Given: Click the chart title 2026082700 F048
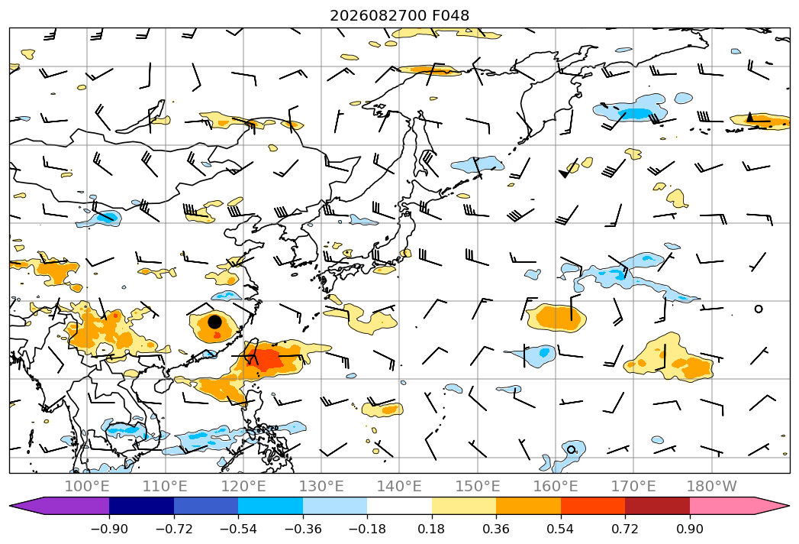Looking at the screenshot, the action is tap(400, 15).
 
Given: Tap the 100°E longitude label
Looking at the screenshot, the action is tap(87, 486).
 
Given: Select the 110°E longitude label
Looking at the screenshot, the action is tap(165, 486).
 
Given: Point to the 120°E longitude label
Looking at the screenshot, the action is tap(243, 486).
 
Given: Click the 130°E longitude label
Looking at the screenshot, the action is tap(321, 486).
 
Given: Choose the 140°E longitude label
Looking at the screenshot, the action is tap(399, 486).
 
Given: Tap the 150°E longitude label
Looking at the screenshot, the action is tap(478, 486).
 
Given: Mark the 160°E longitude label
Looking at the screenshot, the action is tap(556, 486).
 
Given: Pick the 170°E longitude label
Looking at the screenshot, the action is tap(633, 486).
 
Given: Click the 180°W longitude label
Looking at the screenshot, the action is tap(712, 486).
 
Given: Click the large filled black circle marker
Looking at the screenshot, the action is tap(215, 322).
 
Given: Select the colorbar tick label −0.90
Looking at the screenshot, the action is tap(109, 529).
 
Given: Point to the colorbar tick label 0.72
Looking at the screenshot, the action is tap(625, 529).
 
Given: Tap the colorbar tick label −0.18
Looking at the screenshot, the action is tap(367, 529).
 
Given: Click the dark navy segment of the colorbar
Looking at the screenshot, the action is tap(142, 506).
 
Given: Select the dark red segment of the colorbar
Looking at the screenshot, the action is tap(657, 506).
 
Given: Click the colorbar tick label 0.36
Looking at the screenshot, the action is tap(496, 529).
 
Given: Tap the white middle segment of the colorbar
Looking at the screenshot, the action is tap(400, 506).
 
